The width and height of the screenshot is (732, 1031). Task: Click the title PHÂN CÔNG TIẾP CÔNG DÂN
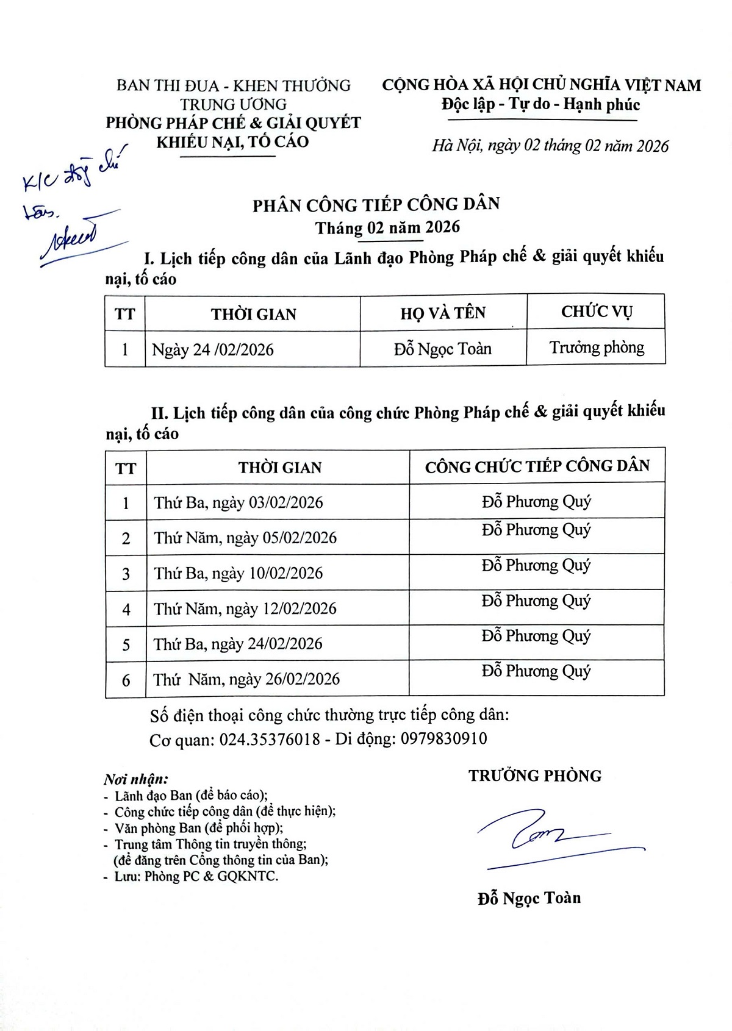(376, 204)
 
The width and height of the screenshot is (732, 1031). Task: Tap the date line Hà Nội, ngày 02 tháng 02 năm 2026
(550, 146)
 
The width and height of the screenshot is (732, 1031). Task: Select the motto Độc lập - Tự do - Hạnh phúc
(541, 104)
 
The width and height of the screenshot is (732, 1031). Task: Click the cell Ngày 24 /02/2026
(213, 350)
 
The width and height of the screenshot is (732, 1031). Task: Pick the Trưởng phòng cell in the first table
(597, 348)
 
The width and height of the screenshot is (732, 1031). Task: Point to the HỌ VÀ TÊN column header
(443, 313)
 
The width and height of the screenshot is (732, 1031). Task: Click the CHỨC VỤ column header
(597, 312)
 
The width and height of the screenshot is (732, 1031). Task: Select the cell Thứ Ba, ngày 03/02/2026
(239, 503)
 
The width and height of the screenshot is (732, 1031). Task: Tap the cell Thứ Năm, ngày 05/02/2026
(245, 538)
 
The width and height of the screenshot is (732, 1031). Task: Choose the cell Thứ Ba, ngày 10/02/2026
(239, 573)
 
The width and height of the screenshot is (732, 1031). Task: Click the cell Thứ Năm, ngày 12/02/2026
(245, 608)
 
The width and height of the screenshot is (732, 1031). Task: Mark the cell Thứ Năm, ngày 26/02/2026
(246, 679)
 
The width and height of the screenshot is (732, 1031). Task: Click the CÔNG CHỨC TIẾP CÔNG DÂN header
(537, 467)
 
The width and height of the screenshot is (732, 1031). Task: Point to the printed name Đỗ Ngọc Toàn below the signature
(529, 898)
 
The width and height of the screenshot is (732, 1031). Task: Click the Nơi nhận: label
(135, 779)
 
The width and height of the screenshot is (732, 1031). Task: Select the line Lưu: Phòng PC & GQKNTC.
(196, 877)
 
